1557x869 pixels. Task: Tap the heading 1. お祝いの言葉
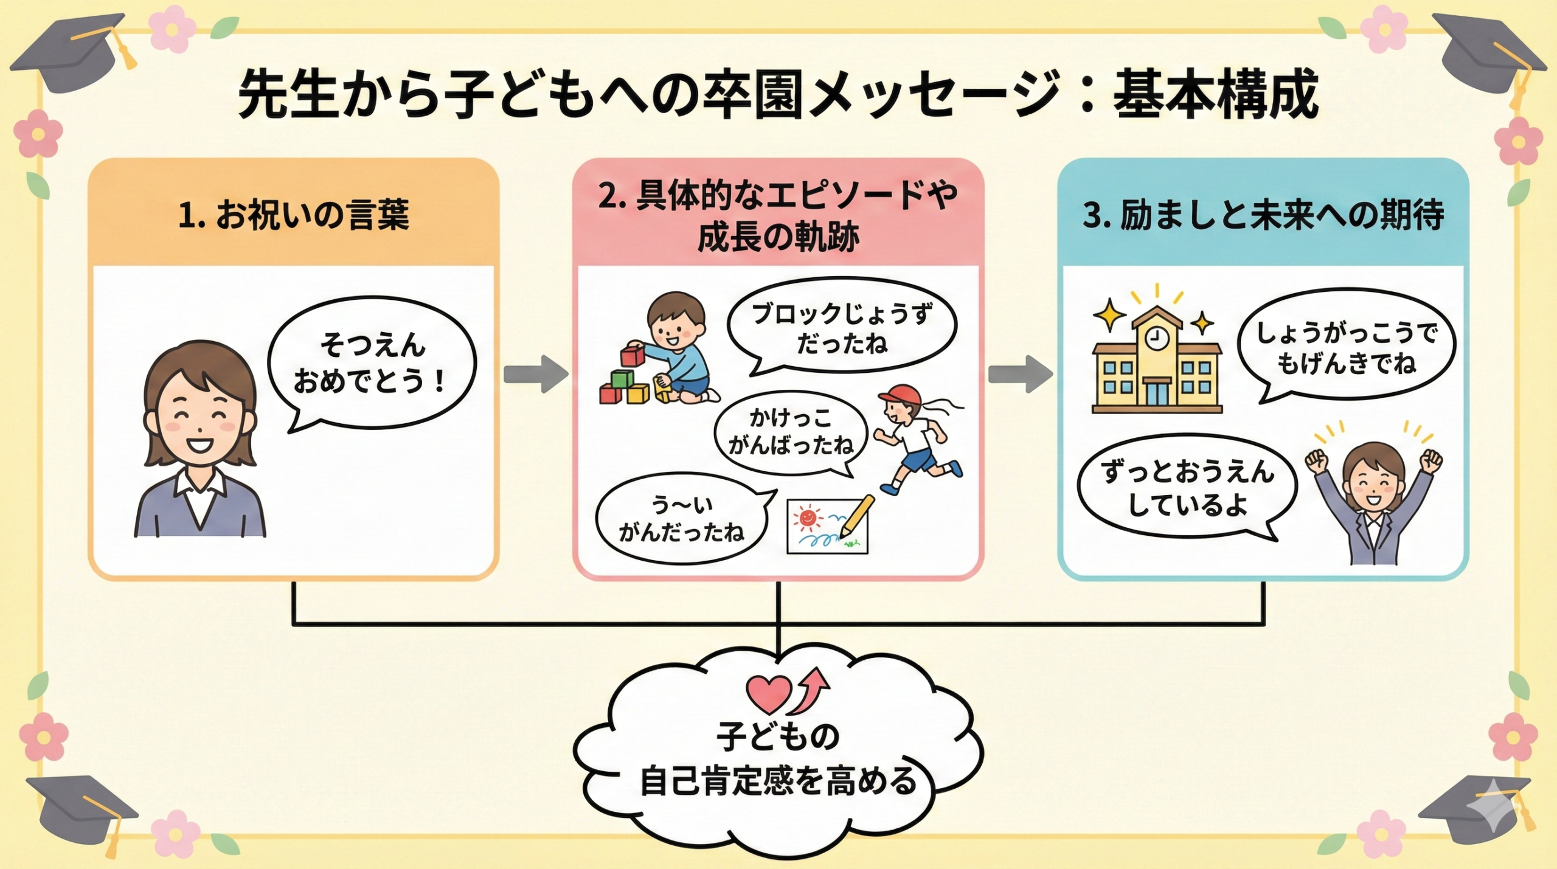293,215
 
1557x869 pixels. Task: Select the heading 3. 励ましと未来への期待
1263,215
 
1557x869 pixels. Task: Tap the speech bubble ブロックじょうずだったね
842,328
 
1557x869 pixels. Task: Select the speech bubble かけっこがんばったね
791,432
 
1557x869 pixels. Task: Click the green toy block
622,379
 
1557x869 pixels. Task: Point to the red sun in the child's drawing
807,518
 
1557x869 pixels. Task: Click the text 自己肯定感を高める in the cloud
778,781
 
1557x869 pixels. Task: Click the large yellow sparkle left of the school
1110,314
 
